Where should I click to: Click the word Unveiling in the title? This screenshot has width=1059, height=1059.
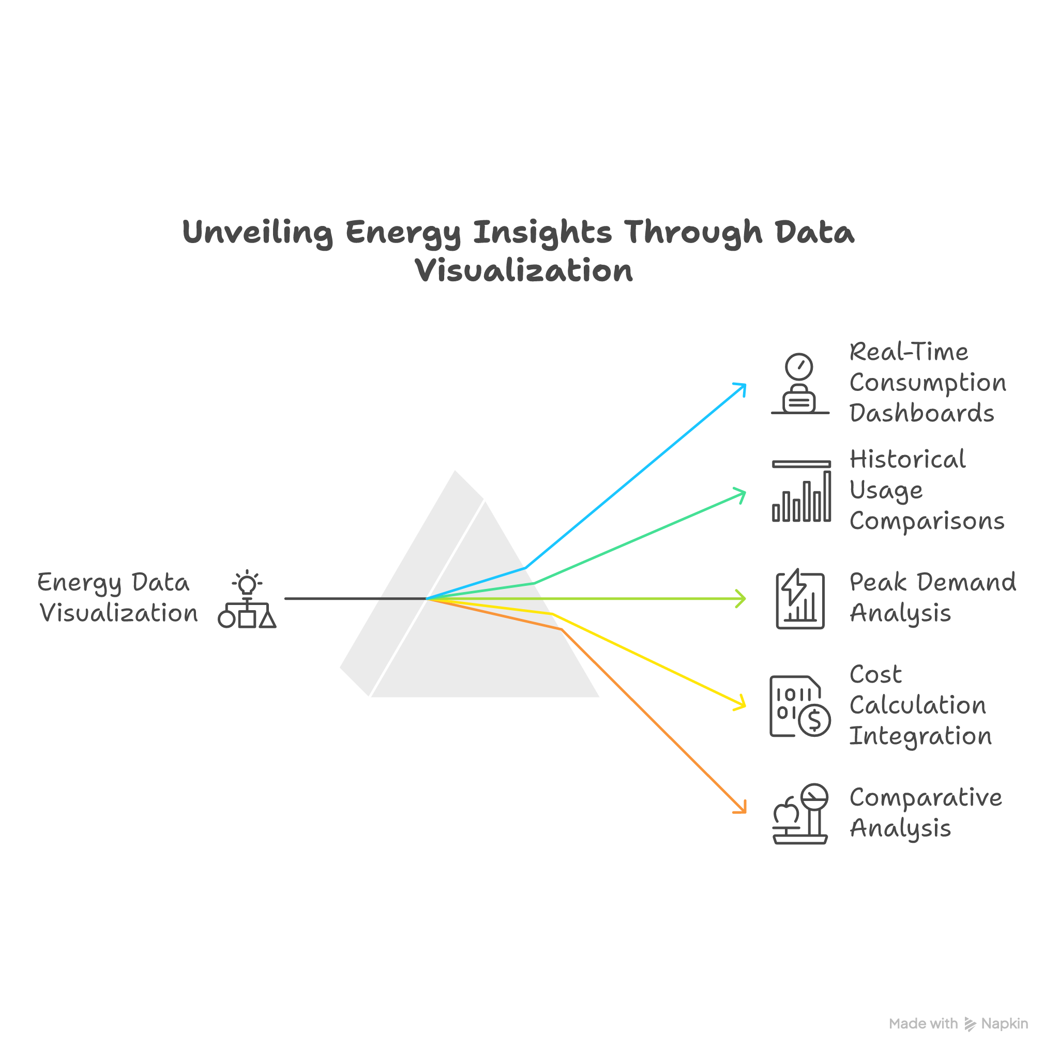tap(257, 232)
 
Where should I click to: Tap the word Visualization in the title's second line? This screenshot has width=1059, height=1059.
tap(523, 271)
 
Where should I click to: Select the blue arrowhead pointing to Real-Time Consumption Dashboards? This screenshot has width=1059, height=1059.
tap(740, 389)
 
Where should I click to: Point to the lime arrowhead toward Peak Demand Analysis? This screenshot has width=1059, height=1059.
tap(741, 599)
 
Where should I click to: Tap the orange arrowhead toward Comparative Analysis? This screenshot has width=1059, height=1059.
tap(741, 807)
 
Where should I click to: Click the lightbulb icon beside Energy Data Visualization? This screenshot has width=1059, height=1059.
tap(247, 583)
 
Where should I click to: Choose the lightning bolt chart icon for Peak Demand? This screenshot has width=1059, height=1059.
tap(800, 599)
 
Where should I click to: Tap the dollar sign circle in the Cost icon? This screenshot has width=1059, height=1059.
tap(815, 720)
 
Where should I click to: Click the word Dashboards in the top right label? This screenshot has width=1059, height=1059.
tap(921, 414)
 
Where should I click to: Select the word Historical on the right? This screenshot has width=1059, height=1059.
tap(907, 459)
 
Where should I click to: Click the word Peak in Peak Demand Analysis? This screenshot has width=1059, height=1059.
tap(874, 582)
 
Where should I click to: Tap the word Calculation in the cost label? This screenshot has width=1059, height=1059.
tap(918, 705)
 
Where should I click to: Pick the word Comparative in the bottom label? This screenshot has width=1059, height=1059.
tap(925, 797)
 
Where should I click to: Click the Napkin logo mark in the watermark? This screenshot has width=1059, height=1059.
tap(970, 1024)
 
